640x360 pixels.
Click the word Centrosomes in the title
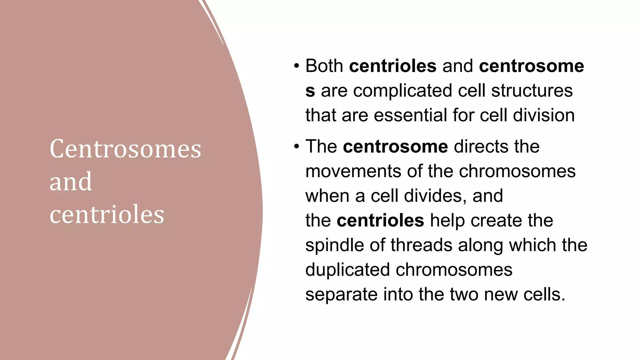click(125, 149)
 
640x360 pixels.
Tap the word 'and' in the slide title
click(71, 182)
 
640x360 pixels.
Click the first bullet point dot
click(296, 66)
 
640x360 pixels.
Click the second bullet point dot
click(296, 147)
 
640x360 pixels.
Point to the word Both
click(324, 66)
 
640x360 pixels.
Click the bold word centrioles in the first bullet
click(392, 66)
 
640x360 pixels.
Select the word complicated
click(402, 91)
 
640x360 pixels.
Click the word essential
click(410, 115)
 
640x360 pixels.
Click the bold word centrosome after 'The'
click(395, 147)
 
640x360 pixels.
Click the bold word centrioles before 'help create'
click(380, 221)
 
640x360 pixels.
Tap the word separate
click(341, 294)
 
